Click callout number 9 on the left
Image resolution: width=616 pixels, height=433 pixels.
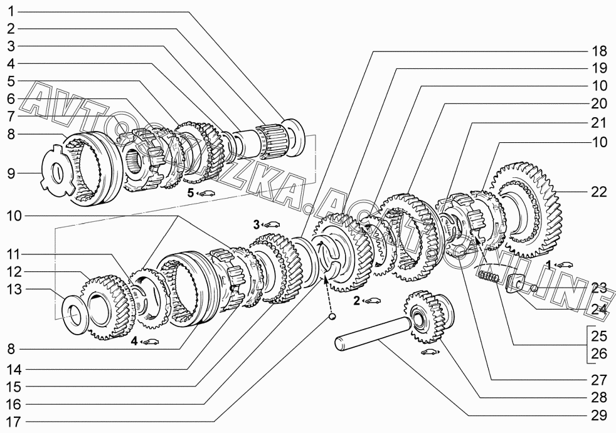click(11, 173)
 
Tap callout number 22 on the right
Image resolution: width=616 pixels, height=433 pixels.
click(598, 192)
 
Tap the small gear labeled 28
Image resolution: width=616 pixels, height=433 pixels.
click(429, 317)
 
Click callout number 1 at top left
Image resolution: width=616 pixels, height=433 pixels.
click(11, 11)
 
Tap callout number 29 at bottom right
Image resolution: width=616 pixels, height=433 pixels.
click(599, 415)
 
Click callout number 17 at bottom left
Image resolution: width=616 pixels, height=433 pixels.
click(13, 422)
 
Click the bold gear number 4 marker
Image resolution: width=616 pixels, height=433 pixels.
click(134, 342)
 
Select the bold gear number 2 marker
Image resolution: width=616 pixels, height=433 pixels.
click(356, 301)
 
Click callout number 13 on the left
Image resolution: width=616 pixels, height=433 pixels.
click(13, 290)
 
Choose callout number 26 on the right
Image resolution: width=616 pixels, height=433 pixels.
click(599, 353)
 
